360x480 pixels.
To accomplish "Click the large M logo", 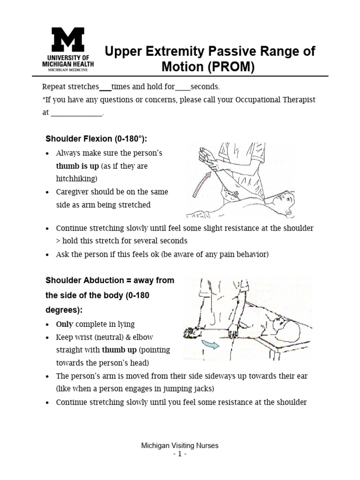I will [x=67, y=40].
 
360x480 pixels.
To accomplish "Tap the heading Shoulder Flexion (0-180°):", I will [x=96, y=139].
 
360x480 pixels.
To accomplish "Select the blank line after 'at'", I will [x=76, y=113].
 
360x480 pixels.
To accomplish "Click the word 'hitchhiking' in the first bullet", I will [x=76, y=179].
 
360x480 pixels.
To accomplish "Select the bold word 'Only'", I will [x=64, y=324].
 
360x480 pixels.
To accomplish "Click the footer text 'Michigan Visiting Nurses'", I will [x=180, y=446].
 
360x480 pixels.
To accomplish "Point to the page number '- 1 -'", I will [x=180, y=454].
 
